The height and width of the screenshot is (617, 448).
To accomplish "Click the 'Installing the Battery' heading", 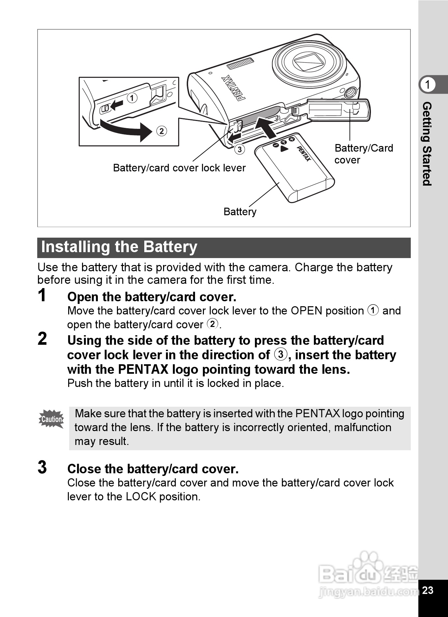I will pos(119,247).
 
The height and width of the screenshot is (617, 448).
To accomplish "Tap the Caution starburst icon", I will pos(51,419).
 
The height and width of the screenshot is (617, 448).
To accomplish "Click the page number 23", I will pos(428,590).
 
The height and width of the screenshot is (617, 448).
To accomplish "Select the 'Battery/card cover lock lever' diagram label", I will pos(179,168).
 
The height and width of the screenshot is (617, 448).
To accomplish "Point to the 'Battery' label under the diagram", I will pos(240,212).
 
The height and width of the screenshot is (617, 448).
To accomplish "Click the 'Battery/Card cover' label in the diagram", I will pos(363,154).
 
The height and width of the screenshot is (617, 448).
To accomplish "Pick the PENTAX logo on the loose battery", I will pos(304,154).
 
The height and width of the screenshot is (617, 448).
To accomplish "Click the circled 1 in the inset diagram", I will pos(132,98).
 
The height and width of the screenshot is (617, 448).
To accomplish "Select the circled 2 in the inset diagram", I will pos(161,131).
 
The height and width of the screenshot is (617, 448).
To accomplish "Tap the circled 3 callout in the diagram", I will pos(239,149).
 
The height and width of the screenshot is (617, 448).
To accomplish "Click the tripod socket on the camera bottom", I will pos(351,93).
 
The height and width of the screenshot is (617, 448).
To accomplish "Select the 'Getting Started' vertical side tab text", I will pos(427,144).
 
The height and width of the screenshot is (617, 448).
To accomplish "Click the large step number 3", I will pos(42,467).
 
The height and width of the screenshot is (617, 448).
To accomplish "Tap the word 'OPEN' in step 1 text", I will pos(306,311).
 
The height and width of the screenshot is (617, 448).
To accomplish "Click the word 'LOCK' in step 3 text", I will pos(141,497).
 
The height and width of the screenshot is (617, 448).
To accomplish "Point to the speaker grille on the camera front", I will pos(240,64).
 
